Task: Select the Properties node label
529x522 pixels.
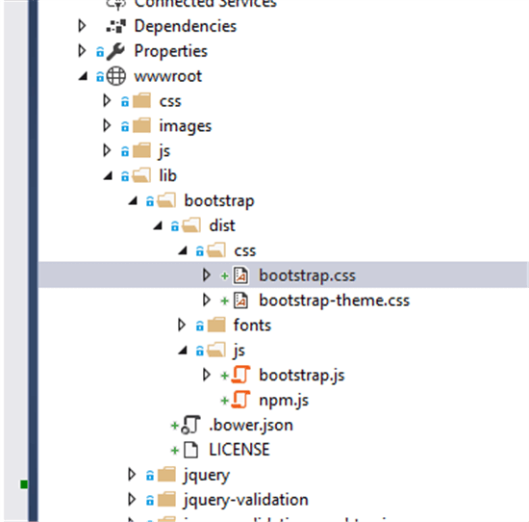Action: (x=170, y=51)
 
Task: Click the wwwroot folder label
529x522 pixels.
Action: (x=168, y=76)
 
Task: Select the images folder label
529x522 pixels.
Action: (x=185, y=126)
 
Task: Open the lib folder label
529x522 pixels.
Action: (x=167, y=176)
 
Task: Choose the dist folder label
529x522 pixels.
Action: (x=221, y=226)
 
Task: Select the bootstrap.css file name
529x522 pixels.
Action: (x=307, y=275)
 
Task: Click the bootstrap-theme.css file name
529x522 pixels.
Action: (x=334, y=300)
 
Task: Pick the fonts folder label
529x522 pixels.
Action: (x=252, y=326)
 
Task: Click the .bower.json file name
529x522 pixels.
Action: (x=251, y=425)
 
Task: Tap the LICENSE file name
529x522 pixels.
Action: (x=239, y=450)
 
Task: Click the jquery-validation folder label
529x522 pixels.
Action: (x=245, y=500)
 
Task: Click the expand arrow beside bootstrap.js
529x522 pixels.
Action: (x=207, y=375)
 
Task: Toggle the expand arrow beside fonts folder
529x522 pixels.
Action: (x=182, y=326)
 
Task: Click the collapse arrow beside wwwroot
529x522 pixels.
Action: (x=82, y=76)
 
